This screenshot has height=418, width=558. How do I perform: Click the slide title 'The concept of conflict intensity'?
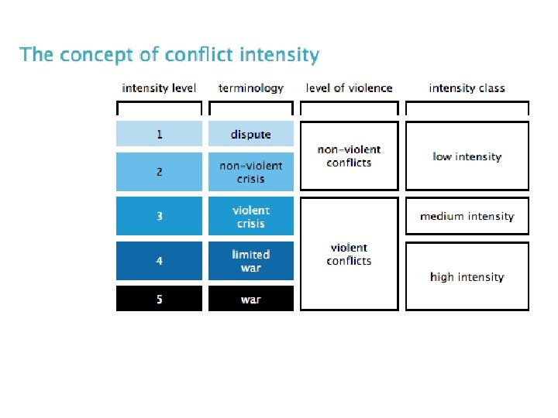coord(169,56)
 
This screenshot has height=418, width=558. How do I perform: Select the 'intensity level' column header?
coord(159,88)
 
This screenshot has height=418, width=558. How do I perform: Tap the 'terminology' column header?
coord(251,88)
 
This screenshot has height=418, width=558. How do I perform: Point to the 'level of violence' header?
coord(349,88)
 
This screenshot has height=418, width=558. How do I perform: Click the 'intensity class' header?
coord(467,88)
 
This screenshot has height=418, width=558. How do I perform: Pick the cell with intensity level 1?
coord(159,134)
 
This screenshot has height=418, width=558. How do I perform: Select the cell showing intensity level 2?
coord(159,172)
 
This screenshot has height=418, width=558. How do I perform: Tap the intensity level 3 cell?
coord(159,216)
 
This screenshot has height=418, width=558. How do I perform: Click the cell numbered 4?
coord(159,261)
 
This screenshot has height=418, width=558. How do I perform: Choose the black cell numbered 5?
coord(159,299)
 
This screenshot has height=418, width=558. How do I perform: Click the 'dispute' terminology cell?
coord(251,134)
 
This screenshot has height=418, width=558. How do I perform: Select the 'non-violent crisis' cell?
coord(251,172)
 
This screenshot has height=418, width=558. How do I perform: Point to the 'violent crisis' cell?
coord(251,216)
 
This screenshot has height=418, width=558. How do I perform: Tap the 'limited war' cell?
coord(251,261)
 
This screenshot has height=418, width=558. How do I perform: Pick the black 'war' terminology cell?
coord(251,299)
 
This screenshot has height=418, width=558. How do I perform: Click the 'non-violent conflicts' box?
coord(349,156)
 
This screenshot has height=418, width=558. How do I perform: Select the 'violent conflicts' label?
coord(349,254)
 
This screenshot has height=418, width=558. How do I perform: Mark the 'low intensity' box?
coord(467,156)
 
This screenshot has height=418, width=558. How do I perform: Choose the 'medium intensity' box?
coord(467,216)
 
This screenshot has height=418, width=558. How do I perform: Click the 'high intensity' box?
coord(467,276)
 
